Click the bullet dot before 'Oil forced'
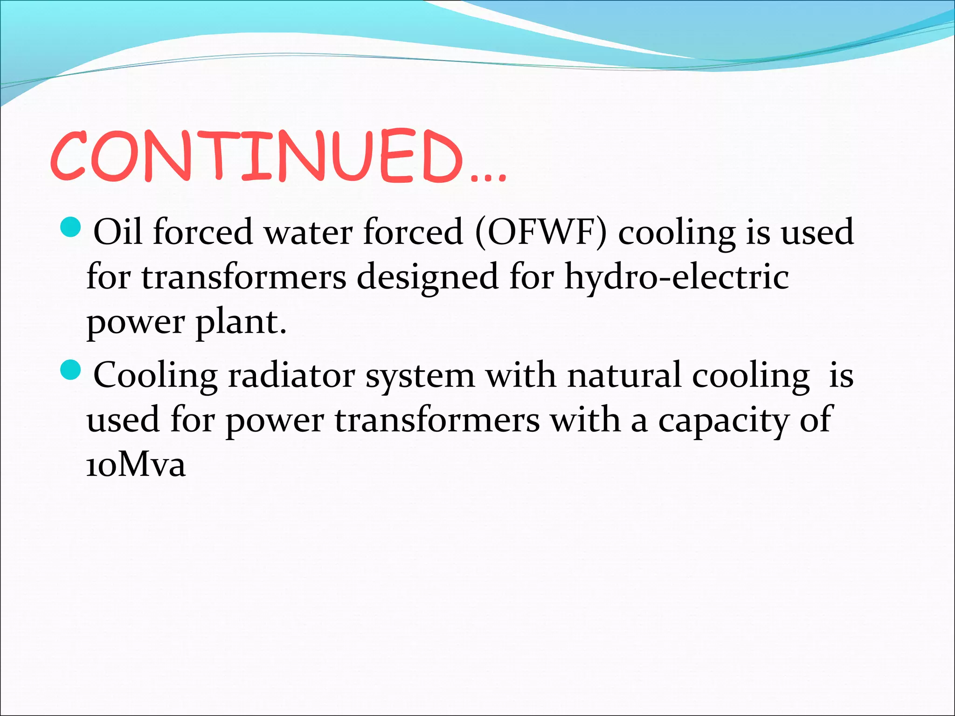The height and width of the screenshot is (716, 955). coord(71,227)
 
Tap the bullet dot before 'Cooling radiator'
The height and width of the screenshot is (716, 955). coord(71,371)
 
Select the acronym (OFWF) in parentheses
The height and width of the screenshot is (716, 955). coord(541,232)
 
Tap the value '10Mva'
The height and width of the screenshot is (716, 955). coord(136,465)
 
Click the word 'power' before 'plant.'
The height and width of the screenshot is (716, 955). coord(136,323)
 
